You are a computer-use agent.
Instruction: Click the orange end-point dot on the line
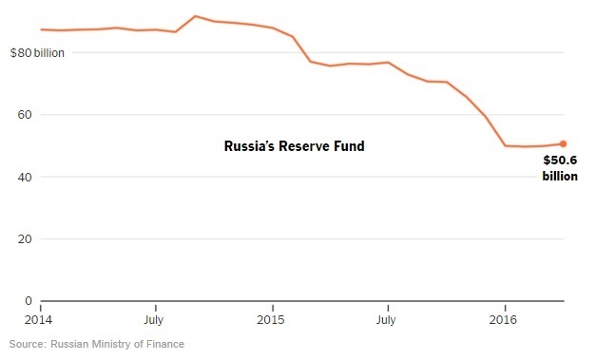(x=563, y=144)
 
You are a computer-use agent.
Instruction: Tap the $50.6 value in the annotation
(x=560, y=161)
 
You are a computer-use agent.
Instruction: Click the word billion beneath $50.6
(x=560, y=176)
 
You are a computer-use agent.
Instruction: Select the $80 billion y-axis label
(x=37, y=53)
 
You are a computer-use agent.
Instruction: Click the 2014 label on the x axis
(x=40, y=320)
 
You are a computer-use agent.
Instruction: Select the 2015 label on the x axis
(x=273, y=320)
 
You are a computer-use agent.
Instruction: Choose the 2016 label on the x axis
(x=504, y=320)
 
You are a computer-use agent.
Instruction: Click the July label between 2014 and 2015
(x=155, y=320)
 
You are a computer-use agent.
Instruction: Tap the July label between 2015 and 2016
(x=388, y=320)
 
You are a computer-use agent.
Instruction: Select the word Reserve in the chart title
(x=305, y=147)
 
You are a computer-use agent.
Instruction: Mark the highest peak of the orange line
(x=195, y=16)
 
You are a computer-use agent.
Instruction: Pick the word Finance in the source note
(x=164, y=344)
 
